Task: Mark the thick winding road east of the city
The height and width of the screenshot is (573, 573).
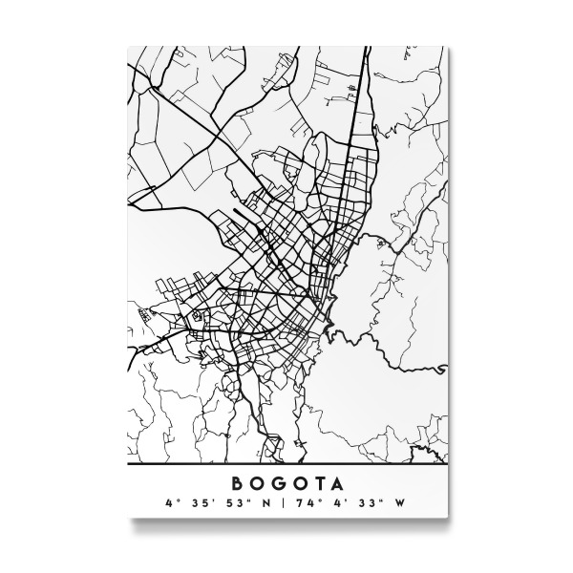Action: [382, 353]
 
